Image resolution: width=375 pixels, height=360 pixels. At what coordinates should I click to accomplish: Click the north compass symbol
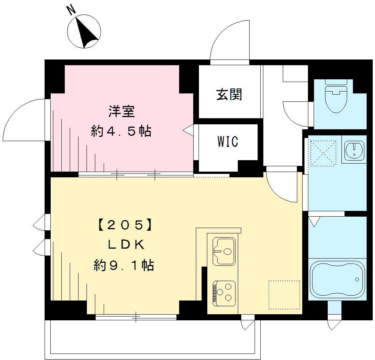[x=84, y=31]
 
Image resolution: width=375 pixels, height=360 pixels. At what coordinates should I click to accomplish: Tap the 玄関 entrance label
[x=229, y=94]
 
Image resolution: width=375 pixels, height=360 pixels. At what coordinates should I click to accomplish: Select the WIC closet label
[x=228, y=141]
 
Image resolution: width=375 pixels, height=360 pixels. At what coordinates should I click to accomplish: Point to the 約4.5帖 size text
[x=121, y=132]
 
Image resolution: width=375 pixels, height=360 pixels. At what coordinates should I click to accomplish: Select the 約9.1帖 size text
[x=124, y=265]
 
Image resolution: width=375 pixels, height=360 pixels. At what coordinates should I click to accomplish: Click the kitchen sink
[x=224, y=251]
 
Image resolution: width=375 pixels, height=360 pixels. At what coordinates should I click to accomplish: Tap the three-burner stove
[x=224, y=292]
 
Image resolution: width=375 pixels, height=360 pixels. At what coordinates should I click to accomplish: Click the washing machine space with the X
[x=323, y=153]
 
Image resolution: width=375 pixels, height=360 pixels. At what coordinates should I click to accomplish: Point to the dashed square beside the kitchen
[x=284, y=295]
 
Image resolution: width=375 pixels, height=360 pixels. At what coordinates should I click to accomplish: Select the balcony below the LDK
[x=152, y=337]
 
